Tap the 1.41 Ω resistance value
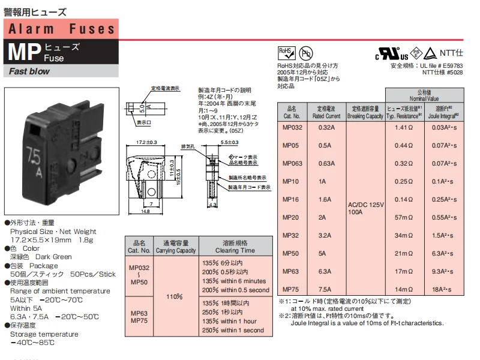tap(403, 128)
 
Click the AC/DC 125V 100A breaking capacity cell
tap(365, 208)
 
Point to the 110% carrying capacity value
tap(174, 296)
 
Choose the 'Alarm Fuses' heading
tap(61, 29)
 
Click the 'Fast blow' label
tap(29, 71)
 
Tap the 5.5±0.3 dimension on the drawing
tap(230, 142)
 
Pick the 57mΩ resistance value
tap(403, 218)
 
